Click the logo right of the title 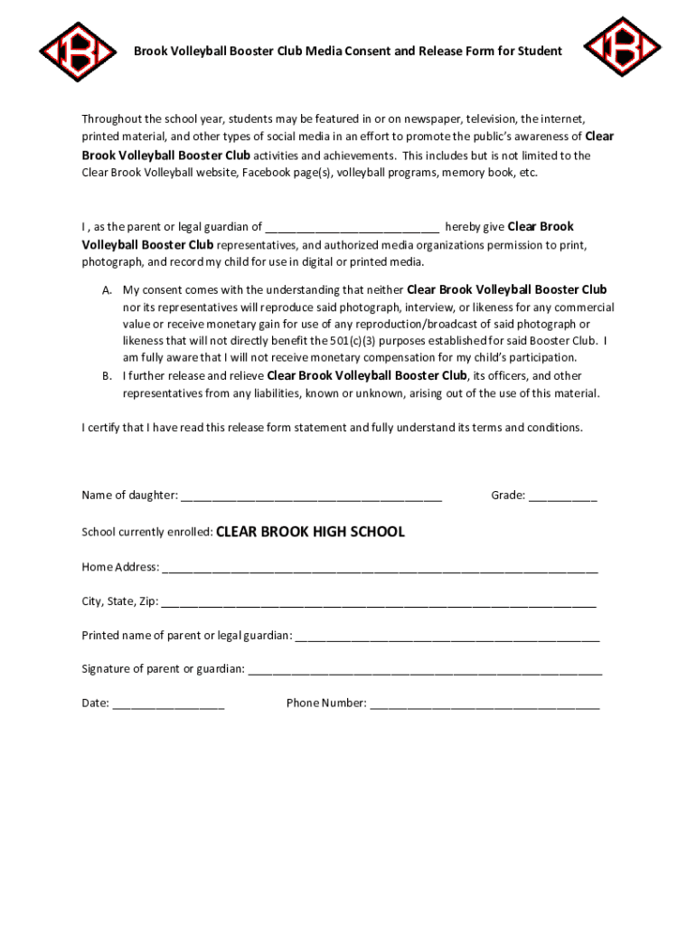pos(623,46)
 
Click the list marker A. pos(107,290)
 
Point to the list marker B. pos(107,376)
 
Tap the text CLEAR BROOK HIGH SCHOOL pos(310,532)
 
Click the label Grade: pos(508,496)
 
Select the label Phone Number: pos(326,703)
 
